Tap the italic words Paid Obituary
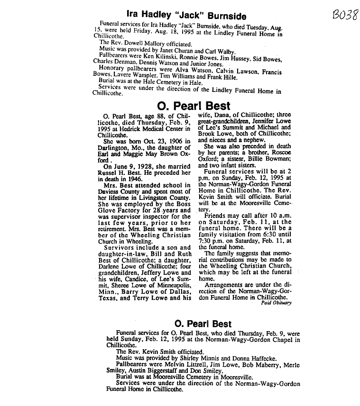(x=276, y=303)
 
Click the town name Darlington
(x=113, y=147)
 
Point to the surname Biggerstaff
(x=166, y=371)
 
